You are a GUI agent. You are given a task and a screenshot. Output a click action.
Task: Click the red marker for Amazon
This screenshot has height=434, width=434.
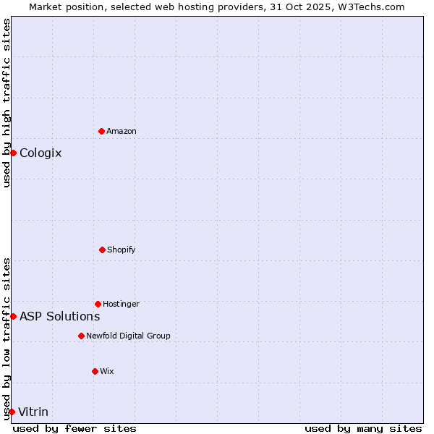tap(101, 131)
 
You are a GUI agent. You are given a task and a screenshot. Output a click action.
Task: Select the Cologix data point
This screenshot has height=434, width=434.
tap(13, 153)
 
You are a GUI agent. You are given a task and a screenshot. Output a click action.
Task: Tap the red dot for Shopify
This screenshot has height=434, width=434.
tap(102, 250)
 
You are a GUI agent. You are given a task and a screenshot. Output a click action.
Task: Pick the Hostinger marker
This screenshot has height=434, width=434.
tap(98, 304)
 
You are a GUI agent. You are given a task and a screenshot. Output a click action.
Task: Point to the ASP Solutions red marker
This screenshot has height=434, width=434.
tap(13, 316)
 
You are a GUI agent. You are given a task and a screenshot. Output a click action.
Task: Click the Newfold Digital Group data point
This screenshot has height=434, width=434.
tap(81, 336)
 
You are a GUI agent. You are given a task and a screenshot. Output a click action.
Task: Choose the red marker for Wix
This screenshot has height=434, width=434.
tap(95, 371)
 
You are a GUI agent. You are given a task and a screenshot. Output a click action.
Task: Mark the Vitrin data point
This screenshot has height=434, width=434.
tap(12, 412)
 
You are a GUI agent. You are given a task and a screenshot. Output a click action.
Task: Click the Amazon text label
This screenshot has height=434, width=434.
tap(122, 131)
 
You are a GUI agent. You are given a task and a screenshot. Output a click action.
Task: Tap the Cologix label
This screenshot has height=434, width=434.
tap(41, 153)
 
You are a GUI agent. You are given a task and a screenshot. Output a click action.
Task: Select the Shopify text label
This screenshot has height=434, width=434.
tap(122, 250)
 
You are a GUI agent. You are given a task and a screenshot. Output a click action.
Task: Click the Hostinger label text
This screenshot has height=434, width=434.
tap(121, 304)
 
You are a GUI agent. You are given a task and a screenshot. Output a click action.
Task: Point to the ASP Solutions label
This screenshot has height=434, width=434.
tap(59, 316)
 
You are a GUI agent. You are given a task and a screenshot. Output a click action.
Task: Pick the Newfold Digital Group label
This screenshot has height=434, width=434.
tap(128, 336)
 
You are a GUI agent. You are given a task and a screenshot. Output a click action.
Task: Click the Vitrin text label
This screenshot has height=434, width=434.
tap(33, 412)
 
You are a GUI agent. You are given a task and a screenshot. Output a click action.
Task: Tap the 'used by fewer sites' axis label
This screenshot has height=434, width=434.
tap(75, 428)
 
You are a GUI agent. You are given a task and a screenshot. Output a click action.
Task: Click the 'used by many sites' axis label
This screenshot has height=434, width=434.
tap(363, 428)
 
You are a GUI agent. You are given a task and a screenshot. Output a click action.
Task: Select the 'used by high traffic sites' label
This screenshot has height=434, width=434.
tap(7, 103)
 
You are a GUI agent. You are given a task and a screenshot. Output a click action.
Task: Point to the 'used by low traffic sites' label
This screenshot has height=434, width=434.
tap(7, 339)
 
